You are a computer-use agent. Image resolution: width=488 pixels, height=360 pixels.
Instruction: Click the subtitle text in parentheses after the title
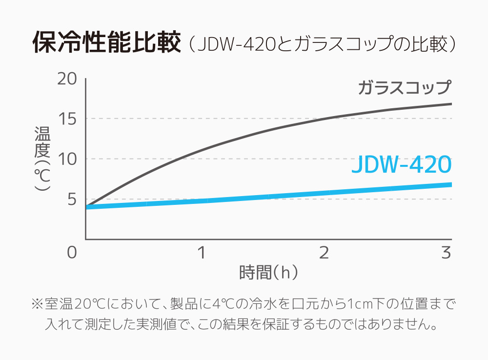322,44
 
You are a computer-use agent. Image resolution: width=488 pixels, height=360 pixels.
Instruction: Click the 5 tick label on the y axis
71,200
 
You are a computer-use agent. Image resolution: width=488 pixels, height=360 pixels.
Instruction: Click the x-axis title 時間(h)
268,272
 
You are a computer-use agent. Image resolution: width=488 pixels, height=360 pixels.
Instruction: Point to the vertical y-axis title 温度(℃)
42,159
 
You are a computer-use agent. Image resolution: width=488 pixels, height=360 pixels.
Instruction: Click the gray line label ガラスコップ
404,88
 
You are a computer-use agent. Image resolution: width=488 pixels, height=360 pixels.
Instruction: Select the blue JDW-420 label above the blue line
401,165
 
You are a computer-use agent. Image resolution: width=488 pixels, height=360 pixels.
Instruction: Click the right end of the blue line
450,184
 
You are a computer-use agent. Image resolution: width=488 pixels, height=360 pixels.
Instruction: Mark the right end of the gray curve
450,104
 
